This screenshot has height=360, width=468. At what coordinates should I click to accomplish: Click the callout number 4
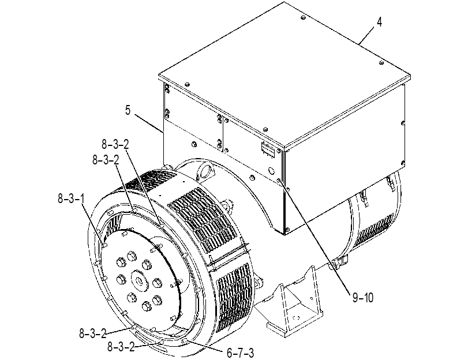(x=379, y=22)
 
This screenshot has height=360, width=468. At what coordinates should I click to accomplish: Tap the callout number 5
(x=128, y=110)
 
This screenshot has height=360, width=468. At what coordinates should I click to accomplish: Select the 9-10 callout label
(x=363, y=298)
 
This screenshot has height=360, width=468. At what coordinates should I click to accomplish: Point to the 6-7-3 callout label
(x=240, y=353)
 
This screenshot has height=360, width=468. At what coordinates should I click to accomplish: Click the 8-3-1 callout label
(x=71, y=198)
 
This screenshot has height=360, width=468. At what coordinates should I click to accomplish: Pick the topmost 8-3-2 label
(x=115, y=145)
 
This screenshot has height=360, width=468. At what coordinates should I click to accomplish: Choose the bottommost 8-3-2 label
(x=121, y=347)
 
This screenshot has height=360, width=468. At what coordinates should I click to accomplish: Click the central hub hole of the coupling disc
(x=140, y=281)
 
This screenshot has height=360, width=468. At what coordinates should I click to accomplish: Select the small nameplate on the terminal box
(x=268, y=149)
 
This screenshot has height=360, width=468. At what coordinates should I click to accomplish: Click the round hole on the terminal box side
(x=271, y=171)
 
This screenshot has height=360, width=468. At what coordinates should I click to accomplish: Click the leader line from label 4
(x=366, y=36)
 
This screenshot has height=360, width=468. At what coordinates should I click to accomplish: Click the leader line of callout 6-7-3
(x=204, y=344)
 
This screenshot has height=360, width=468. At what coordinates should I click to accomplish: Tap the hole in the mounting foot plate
(x=295, y=318)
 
